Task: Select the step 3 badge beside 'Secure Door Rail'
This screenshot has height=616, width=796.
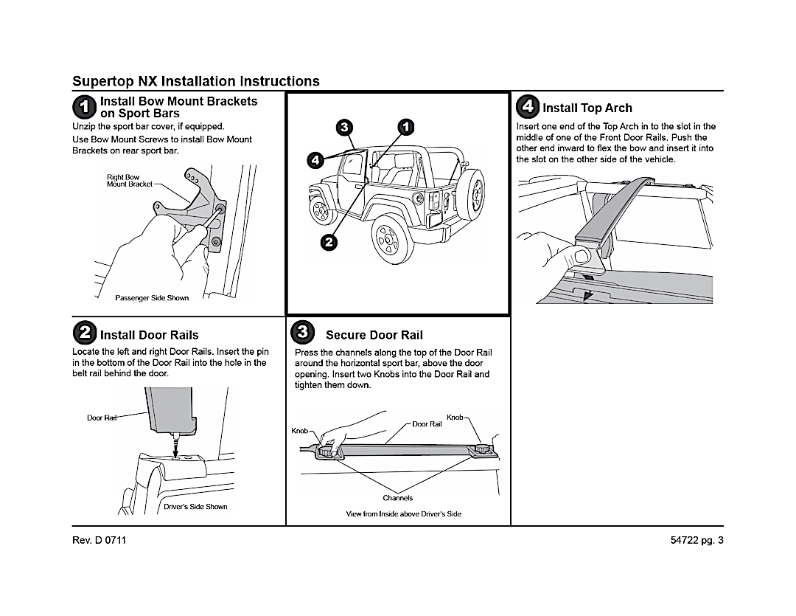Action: tap(302, 333)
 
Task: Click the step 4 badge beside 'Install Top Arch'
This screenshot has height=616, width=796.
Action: tap(528, 106)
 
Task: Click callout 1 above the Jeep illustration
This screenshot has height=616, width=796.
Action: tap(406, 127)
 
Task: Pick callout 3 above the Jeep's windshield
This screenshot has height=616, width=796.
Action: tap(343, 128)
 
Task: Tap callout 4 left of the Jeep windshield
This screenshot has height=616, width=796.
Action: tap(315, 160)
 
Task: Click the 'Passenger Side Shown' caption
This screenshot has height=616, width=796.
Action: tap(152, 298)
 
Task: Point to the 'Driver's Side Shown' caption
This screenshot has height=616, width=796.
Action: tap(195, 507)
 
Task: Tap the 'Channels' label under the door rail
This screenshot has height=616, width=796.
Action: tap(398, 498)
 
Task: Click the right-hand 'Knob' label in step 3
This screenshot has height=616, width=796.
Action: tap(455, 418)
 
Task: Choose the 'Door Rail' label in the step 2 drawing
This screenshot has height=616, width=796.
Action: tap(102, 418)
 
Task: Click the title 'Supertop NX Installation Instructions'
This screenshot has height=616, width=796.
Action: tap(196, 81)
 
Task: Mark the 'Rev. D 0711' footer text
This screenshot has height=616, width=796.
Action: tap(99, 540)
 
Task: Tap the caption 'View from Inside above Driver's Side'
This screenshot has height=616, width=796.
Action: tap(404, 513)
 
